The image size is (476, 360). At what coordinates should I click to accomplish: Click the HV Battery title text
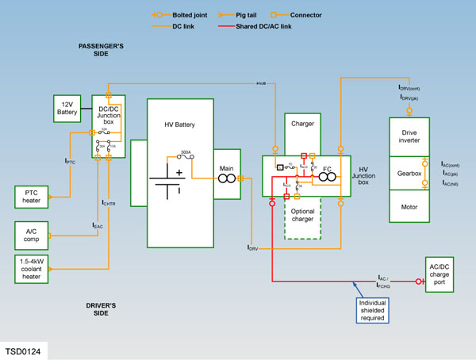coord(180,125)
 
